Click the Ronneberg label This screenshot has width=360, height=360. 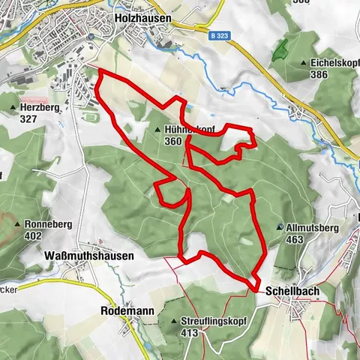[49, 224]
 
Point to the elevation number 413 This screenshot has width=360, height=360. [200, 331]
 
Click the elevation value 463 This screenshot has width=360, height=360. [295, 239]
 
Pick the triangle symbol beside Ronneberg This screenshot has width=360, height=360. [18, 224]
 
